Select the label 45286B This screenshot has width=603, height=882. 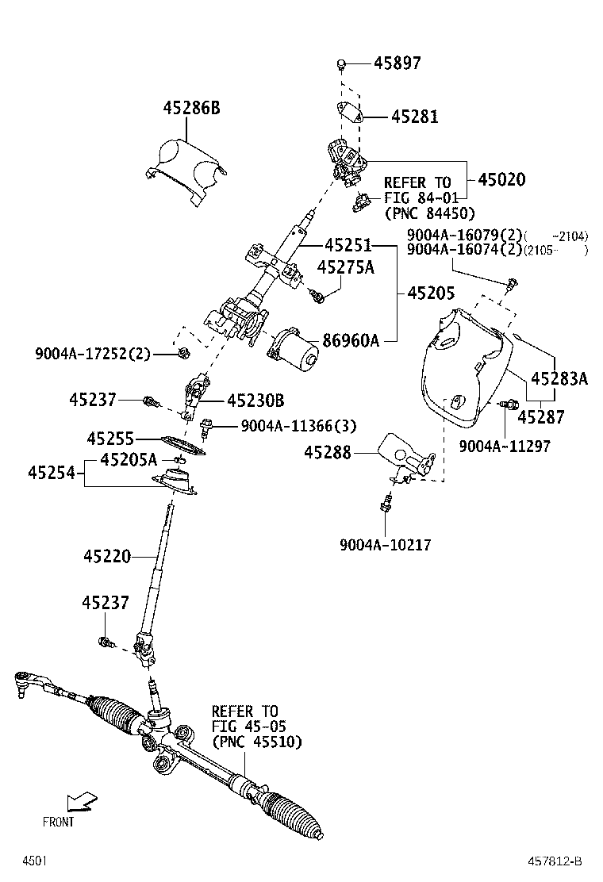(x=191, y=108)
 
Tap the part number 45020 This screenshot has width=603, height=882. (x=501, y=180)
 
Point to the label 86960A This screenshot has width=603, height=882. (x=350, y=341)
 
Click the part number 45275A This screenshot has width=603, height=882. (x=345, y=268)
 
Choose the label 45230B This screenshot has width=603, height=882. (x=255, y=401)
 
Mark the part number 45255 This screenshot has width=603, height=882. (x=110, y=438)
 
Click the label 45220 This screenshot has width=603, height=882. (x=106, y=557)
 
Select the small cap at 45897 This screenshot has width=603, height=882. (x=340, y=63)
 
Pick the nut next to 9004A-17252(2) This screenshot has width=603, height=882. (x=182, y=354)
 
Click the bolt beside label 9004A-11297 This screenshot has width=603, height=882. (x=504, y=405)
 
